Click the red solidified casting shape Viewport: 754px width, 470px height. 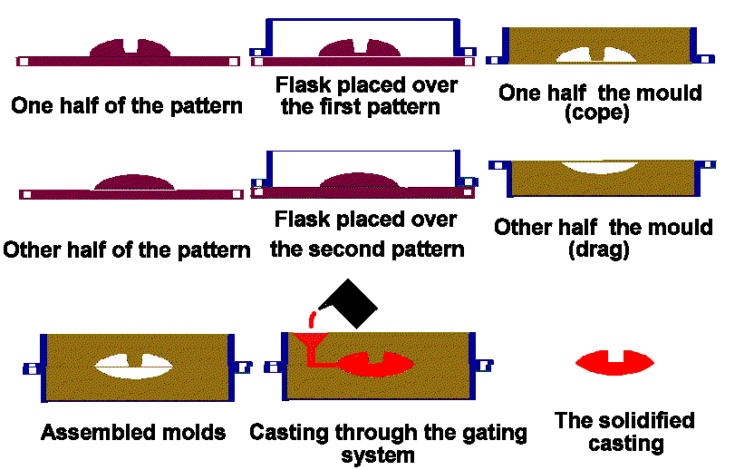615,362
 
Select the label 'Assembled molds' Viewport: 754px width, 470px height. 133,432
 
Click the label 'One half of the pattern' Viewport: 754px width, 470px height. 127,105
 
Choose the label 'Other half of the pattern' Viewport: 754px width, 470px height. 127,250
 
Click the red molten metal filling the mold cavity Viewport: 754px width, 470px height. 376,363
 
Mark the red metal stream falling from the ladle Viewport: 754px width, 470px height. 311,319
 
